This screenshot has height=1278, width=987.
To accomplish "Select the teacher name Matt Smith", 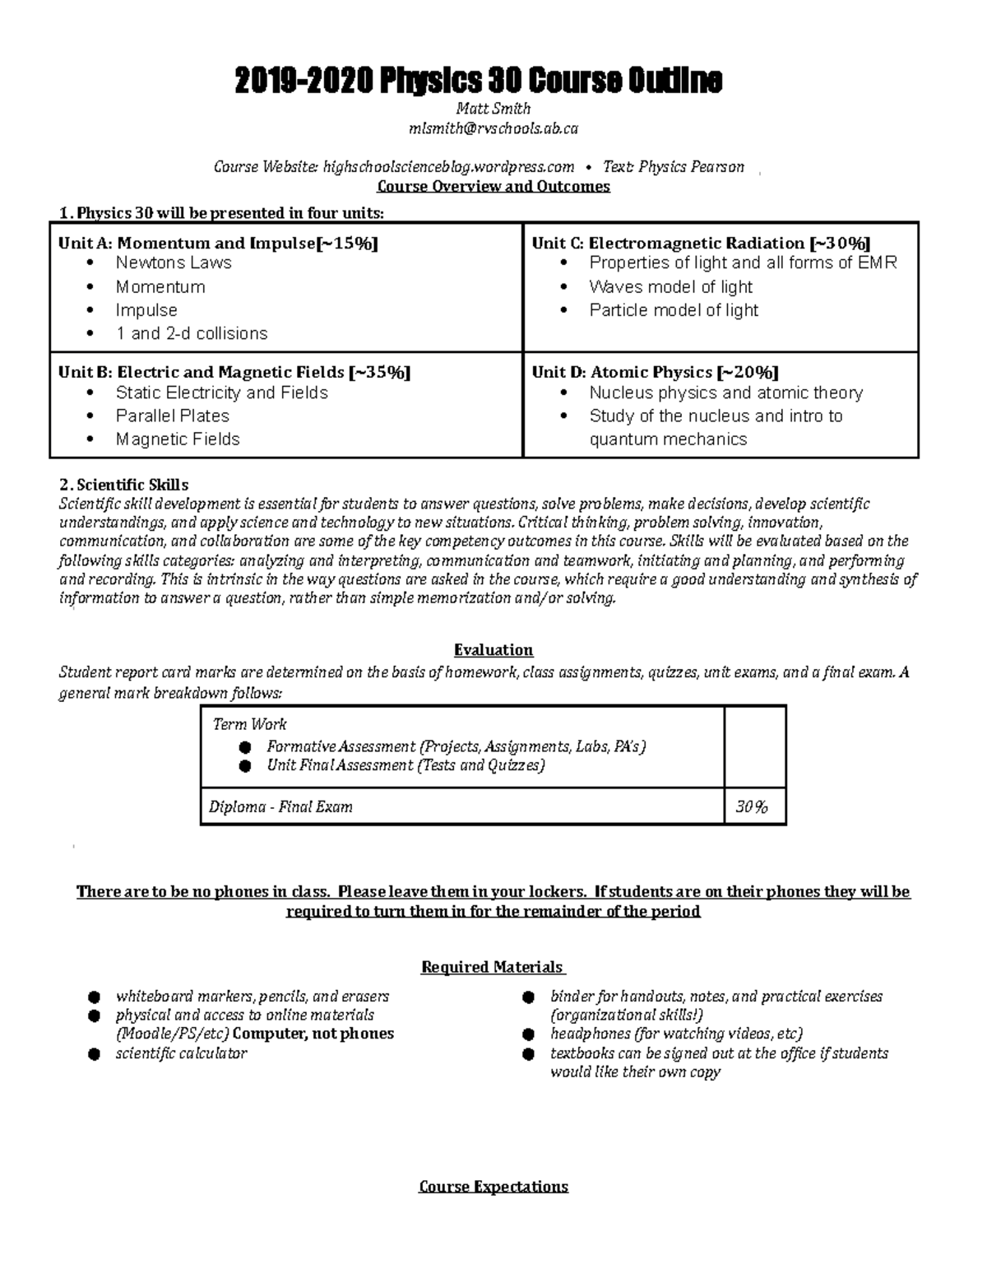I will tap(493, 109).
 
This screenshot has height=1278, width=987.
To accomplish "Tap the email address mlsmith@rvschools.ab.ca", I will tap(493, 128).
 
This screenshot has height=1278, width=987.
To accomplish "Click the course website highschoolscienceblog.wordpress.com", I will tap(448, 167).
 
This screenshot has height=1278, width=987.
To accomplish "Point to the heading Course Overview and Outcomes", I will tap(493, 186).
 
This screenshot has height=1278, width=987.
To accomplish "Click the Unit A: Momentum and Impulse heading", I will tap(218, 243).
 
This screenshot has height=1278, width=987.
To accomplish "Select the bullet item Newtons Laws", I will tap(174, 263).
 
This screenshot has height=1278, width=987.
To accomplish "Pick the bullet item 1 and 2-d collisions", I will tap(191, 333).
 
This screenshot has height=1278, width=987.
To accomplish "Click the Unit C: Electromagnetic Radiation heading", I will tap(701, 243).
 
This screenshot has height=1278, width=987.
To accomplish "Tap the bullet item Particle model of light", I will tap(674, 310).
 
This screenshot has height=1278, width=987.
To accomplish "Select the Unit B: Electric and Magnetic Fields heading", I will tap(234, 372).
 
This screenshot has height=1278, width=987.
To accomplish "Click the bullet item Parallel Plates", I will tap(172, 416).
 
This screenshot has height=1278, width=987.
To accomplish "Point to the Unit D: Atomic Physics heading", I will tap(655, 372).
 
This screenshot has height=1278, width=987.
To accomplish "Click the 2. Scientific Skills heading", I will tap(123, 485).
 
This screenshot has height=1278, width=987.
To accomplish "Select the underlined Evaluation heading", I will tap(493, 650).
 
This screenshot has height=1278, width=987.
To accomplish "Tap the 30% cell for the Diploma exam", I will tap(751, 807).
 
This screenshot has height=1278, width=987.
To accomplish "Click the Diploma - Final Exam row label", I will tap(280, 807).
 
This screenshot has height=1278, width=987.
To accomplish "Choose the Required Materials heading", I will tap(492, 967).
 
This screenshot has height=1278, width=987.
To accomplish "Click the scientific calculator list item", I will tap(181, 1053).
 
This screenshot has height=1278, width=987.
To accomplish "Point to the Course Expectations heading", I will tap(493, 1187).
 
